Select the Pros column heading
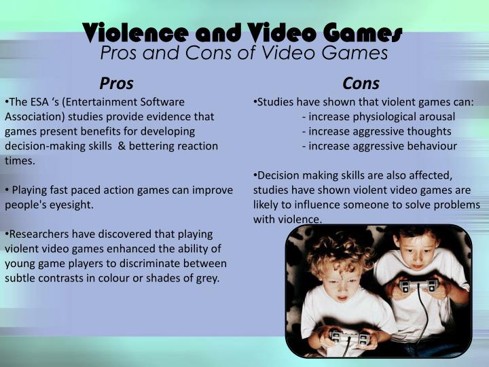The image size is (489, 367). [x=116, y=84]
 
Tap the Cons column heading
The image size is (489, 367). [x=361, y=84]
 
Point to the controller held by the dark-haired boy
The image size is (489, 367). [x=416, y=286]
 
